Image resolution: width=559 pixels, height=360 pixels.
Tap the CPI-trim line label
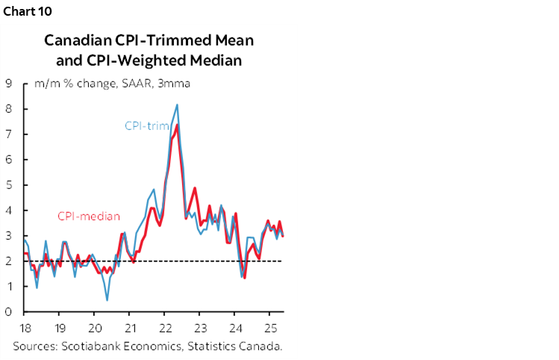point(146,126)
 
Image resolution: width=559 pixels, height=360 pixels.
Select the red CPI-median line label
point(89,217)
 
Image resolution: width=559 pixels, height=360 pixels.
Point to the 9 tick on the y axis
point(7,84)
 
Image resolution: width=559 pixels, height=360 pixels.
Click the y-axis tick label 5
point(7,185)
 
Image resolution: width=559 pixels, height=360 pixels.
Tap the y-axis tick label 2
point(7,261)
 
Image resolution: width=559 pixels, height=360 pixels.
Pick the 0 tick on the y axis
point(7,312)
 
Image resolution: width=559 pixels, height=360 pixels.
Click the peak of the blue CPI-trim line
point(177,105)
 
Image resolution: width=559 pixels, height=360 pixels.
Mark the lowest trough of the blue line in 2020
point(107,300)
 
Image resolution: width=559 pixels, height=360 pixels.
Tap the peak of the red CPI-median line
point(177,125)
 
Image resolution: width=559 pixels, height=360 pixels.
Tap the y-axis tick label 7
point(7,134)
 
